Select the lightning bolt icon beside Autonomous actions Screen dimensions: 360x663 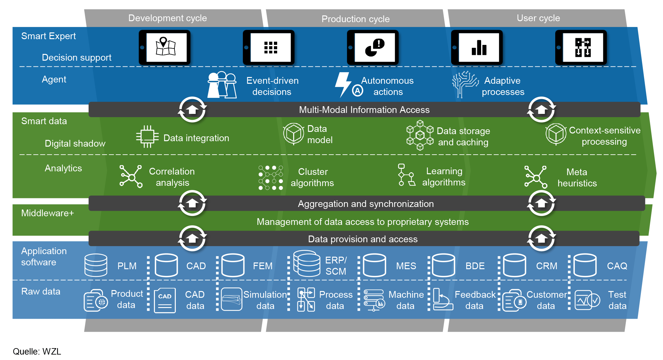pos(343,84)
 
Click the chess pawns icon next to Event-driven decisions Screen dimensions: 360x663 pos(222,85)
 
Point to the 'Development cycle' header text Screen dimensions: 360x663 pos(167,18)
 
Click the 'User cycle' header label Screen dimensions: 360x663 pos(538,18)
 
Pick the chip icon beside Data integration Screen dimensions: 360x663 pos(147,137)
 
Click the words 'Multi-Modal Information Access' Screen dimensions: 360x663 pos(364,110)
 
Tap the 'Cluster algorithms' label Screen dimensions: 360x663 pos(312,177)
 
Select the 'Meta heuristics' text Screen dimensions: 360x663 pos(577,177)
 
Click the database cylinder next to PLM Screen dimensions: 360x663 pos(96,265)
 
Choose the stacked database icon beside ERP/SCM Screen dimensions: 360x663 pos(307,263)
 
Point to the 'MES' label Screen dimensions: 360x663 pos(406,266)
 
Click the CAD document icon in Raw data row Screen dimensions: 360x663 pos(165,300)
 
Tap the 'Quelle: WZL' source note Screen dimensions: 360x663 pos(37,351)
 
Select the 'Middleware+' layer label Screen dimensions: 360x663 pos(47,213)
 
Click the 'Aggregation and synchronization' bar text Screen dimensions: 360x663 pos(366,204)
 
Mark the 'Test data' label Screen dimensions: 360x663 pos(617,300)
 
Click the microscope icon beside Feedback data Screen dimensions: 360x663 pos(442,299)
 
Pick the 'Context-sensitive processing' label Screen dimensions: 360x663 pos(604,136)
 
